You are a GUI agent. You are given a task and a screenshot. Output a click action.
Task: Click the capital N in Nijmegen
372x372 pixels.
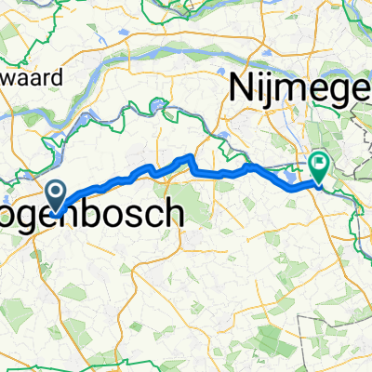(x=244, y=90)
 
